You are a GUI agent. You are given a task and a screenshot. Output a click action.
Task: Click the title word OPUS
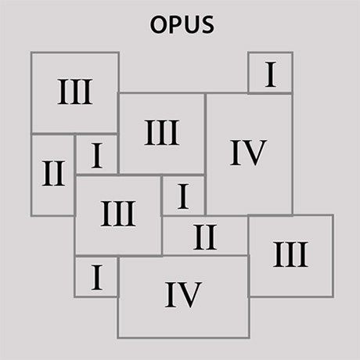(x=182, y=24)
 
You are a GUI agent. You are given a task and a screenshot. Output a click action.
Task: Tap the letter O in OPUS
(x=158, y=24)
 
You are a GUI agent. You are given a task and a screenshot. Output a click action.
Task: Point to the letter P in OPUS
(x=177, y=24)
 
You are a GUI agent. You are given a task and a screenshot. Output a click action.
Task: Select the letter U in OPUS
(x=193, y=25)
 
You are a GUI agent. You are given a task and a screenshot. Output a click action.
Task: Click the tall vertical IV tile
(x=249, y=154)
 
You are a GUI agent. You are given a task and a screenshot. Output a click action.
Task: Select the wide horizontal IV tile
(x=184, y=297)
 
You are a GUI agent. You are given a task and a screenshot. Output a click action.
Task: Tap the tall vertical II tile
(x=53, y=175)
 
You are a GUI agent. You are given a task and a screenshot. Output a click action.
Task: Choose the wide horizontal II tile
(x=205, y=236)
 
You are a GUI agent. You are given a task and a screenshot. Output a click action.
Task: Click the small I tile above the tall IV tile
(x=271, y=73)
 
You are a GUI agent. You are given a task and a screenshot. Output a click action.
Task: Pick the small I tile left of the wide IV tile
(x=97, y=277)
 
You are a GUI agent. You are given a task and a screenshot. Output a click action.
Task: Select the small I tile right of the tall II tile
(x=97, y=154)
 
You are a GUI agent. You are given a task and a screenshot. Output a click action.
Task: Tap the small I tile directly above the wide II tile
(x=183, y=196)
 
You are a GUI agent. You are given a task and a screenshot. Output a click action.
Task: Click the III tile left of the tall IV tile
(x=162, y=134)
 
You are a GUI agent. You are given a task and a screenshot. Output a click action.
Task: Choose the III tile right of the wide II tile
(x=291, y=256)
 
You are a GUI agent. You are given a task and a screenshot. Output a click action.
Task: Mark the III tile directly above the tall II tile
(x=75, y=93)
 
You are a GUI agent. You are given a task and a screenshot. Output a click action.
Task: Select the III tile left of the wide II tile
(x=118, y=215)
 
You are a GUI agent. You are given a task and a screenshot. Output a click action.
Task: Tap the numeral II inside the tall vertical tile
(x=53, y=174)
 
